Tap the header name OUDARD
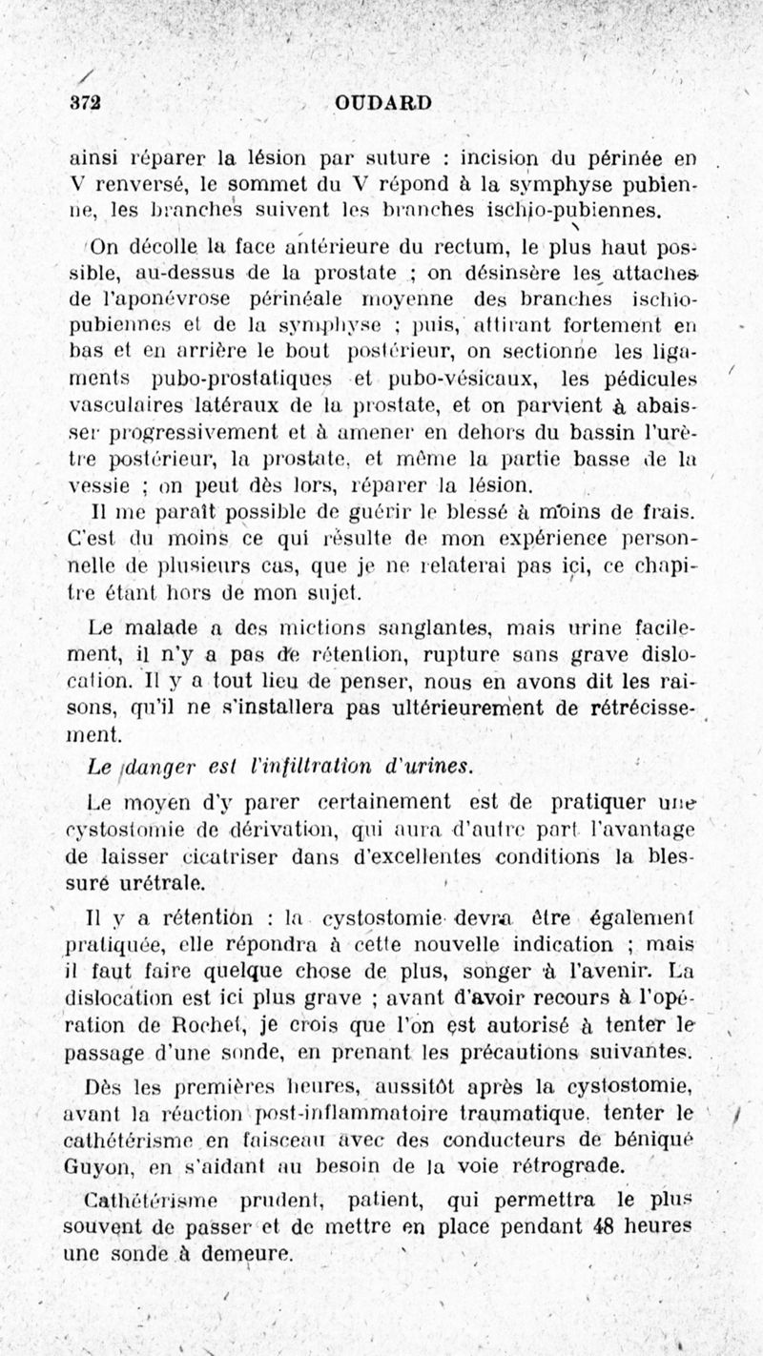coord(383,103)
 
